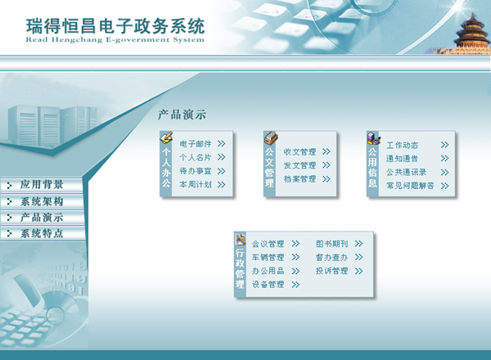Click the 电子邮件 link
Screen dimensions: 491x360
(x=196, y=144)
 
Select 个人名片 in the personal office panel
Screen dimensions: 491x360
(x=196, y=157)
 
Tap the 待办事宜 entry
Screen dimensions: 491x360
(x=196, y=171)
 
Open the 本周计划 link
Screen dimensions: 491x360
(x=196, y=184)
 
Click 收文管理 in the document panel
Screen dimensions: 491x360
(x=300, y=152)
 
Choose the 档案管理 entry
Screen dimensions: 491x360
(x=300, y=178)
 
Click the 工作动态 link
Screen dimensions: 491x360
(x=402, y=145)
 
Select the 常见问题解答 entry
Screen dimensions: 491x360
(x=410, y=186)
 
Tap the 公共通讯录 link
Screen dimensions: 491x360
(x=406, y=172)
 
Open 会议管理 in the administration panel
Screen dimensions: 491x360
(x=268, y=244)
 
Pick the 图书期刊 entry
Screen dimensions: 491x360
(x=332, y=244)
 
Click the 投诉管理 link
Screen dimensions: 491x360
(x=332, y=271)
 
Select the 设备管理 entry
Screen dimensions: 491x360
(x=268, y=284)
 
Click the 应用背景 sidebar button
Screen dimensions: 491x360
(x=42, y=185)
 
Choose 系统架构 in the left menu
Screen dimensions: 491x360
(x=42, y=201)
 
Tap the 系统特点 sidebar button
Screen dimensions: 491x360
(x=42, y=233)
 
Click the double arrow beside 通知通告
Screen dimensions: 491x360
(x=444, y=159)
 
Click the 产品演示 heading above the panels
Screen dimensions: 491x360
(x=182, y=115)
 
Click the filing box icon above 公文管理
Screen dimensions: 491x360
(x=271, y=138)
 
